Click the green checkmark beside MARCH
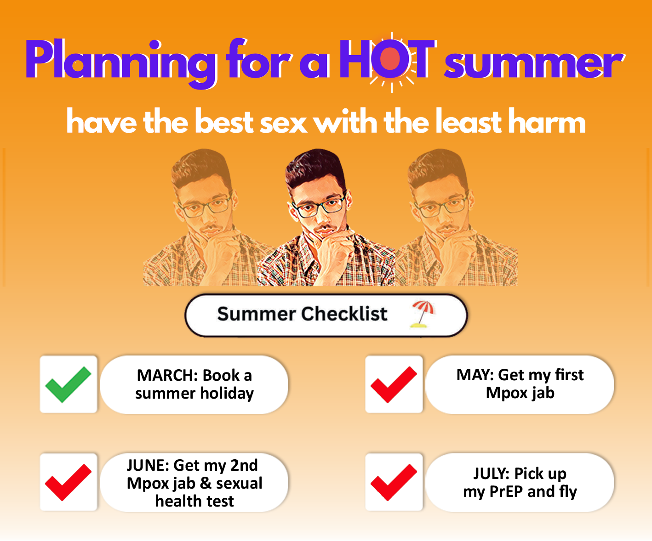coord(68,385)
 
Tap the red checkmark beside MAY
coord(394,385)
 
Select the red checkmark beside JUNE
coord(68,482)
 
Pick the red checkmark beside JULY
coord(394,482)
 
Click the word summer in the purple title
coord(534,64)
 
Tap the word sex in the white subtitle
coord(283,123)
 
